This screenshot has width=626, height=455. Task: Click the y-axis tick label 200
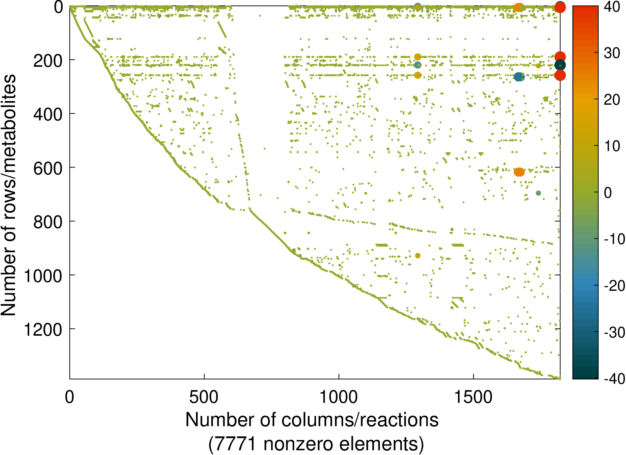pyautogui.click(x=48, y=61)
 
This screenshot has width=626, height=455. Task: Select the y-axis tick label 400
pyautogui.click(x=48, y=115)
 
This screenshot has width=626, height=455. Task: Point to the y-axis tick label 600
pyautogui.click(x=48, y=168)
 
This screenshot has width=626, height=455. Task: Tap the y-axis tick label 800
pyautogui.click(x=48, y=222)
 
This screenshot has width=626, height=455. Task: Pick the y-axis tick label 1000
pyautogui.click(x=43, y=276)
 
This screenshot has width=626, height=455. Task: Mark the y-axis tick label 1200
pyautogui.click(x=43, y=330)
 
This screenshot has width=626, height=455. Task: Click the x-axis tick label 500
pyautogui.click(x=204, y=397)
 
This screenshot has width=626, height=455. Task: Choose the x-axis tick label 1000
pyautogui.click(x=338, y=397)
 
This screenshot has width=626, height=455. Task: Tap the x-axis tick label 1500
pyautogui.click(x=473, y=397)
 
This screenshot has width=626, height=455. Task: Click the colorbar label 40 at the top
pyautogui.click(x=612, y=7)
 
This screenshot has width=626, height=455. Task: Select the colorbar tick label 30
pyautogui.click(x=612, y=53)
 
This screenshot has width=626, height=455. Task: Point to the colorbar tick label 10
pyautogui.click(x=612, y=146)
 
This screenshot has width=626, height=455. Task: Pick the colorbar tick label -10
pyautogui.click(x=614, y=239)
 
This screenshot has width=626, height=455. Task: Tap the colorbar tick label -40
pyautogui.click(x=614, y=379)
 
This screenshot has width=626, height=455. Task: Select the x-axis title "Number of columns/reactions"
pyautogui.click(x=312, y=420)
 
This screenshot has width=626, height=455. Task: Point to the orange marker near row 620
pyautogui.click(x=519, y=172)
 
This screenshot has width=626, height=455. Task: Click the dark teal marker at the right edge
pyautogui.click(x=560, y=66)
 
